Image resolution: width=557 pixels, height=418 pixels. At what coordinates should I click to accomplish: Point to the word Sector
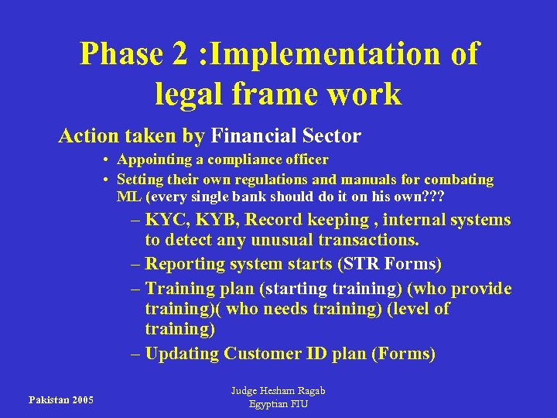331,137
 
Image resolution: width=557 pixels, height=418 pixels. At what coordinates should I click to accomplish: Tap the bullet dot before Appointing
104,160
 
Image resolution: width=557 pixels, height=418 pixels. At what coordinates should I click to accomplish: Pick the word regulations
256,180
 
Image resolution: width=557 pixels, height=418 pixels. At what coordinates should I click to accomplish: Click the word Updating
183,354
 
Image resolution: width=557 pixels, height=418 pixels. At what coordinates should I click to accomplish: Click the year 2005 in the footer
80,400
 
